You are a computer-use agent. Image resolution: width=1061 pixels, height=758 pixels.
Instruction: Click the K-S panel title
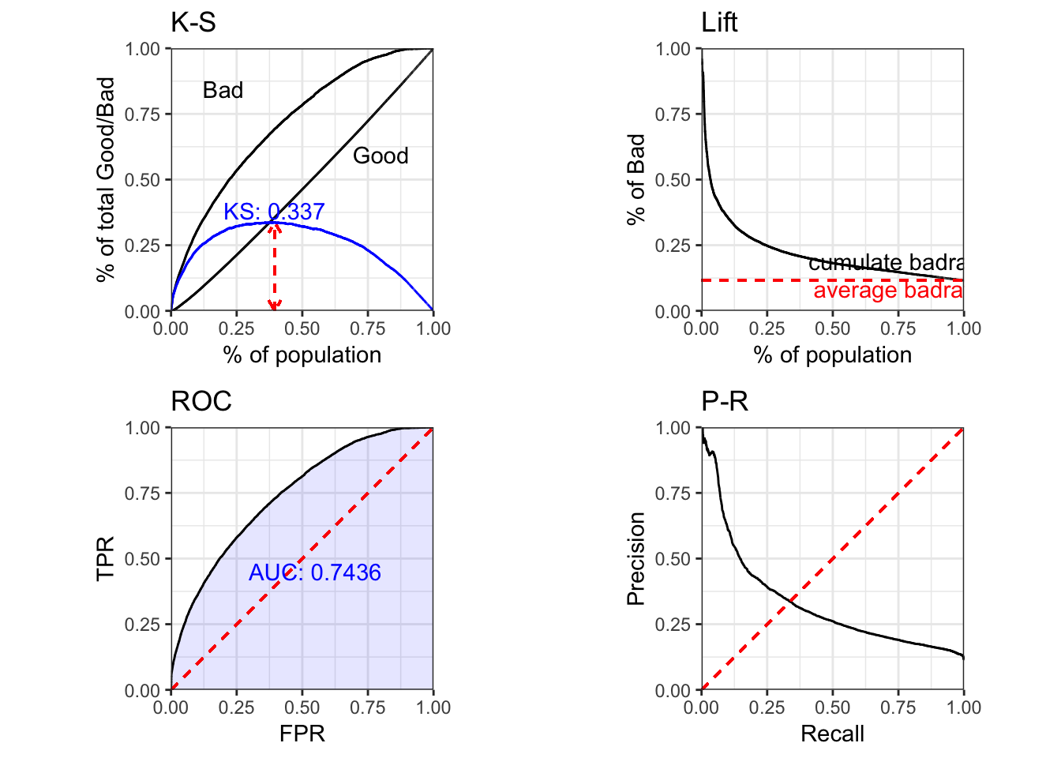[193, 22]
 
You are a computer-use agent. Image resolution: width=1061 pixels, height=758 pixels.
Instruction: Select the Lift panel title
[719, 22]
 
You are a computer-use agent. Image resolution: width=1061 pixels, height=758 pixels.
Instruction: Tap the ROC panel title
[201, 401]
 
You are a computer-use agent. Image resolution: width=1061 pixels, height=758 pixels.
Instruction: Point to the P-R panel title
[725, 401]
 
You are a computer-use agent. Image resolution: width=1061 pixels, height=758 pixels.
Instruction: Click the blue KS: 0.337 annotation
[274, 212]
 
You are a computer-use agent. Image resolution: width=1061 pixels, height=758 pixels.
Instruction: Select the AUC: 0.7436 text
[314, 572]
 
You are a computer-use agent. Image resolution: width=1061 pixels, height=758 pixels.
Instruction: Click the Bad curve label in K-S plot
[223, 90]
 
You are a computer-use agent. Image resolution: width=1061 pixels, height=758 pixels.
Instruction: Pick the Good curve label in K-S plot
[381, 156]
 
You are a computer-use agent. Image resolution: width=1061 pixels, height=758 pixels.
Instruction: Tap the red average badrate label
[888, 291]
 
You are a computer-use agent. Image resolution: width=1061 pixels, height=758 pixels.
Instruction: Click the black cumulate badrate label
[886, 262]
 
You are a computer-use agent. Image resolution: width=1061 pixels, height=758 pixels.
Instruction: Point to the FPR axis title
[302, 734]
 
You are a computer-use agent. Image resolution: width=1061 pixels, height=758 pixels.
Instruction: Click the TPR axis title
[105, 558]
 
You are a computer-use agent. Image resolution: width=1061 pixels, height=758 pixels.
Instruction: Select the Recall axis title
[832, 734]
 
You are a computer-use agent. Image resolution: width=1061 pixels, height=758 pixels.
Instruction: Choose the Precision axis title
[635, 558]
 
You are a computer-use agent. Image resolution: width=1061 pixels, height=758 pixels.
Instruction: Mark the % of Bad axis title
[635, 180]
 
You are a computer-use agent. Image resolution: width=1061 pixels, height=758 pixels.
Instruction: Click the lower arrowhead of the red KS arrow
[274, 306]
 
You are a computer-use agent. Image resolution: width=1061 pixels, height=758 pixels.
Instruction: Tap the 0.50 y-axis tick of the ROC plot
[143, 559]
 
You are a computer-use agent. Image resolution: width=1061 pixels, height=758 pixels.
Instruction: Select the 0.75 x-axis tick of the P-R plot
[898, 707]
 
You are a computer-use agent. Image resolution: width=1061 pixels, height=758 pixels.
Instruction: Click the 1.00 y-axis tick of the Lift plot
[673, 49]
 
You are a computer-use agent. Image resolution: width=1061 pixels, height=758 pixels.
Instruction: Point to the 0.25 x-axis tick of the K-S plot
[236, 328]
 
